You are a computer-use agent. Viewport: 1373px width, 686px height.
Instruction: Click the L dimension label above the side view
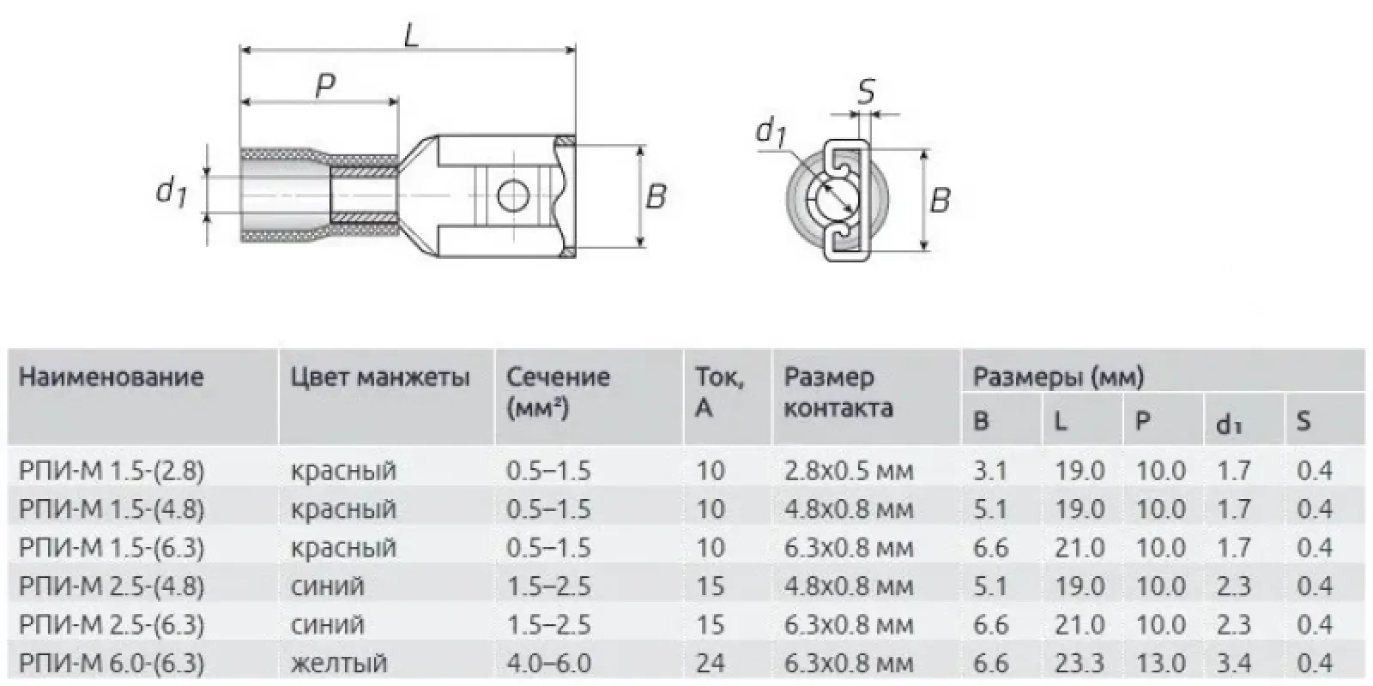[412, 35]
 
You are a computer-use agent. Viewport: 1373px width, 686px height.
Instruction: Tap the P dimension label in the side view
[324, 85]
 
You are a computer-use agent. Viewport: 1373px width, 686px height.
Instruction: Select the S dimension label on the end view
[866, 90]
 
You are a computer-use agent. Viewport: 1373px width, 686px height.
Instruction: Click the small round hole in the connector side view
[511, 196]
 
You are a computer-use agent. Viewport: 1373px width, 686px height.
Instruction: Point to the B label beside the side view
[656, 197]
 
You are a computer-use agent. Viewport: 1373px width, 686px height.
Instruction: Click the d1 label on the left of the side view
[171, 190]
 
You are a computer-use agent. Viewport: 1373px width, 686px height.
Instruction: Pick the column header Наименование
[111, 377]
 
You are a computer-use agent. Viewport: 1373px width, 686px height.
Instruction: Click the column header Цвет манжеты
[380, 377]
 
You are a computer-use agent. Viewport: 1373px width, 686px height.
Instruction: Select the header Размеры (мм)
[1058, 376]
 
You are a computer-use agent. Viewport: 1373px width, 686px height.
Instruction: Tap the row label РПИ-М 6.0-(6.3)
[112, 663]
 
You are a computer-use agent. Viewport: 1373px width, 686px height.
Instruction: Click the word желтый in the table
[339, 663]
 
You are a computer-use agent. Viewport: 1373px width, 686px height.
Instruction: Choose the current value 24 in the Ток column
[711, 663]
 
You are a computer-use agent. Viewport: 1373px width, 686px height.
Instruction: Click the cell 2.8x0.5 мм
[849, 471]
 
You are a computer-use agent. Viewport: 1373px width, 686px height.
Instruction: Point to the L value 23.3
[1079, 663]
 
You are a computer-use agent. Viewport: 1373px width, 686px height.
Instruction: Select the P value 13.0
[1160, 663]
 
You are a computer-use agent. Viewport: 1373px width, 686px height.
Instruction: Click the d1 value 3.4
[1233, 663]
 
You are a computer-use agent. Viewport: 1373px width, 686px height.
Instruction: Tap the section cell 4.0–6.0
[548, 663]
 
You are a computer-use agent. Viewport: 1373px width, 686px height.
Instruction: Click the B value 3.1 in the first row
[989, 471]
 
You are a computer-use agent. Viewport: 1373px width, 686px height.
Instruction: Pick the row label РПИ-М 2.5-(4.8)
[112, 587]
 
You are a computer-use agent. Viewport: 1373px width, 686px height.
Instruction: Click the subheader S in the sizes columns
[1303, 421]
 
